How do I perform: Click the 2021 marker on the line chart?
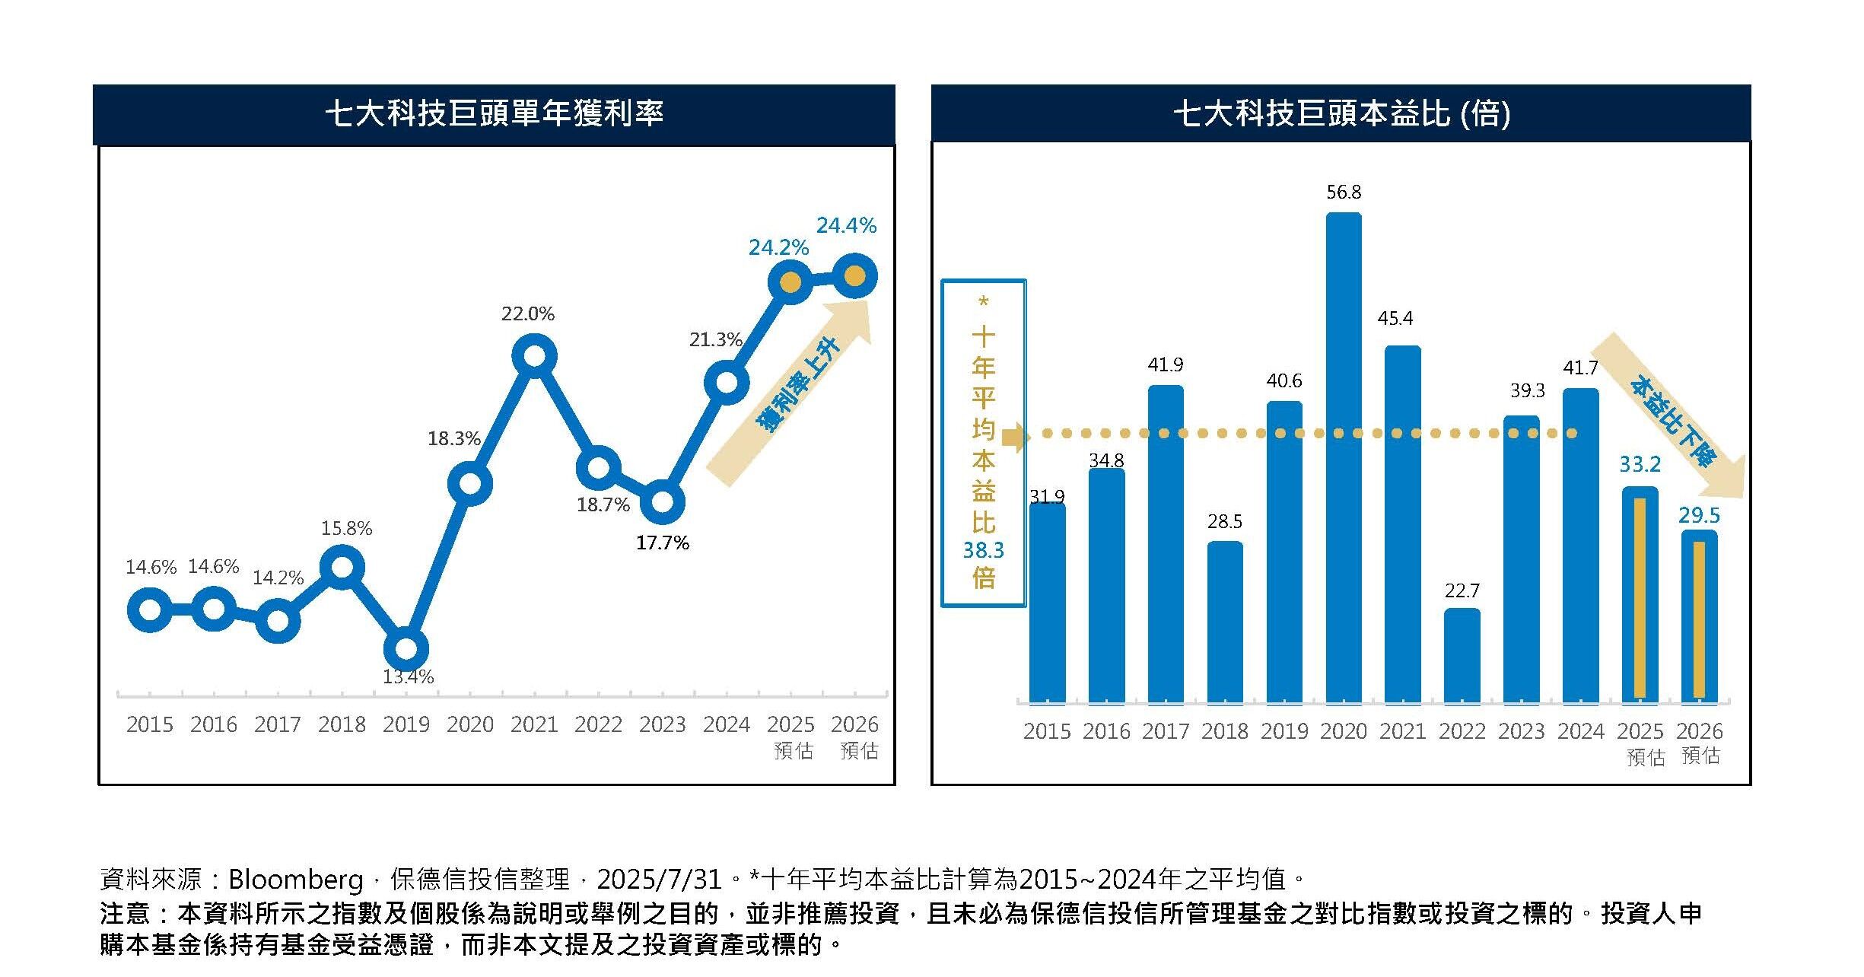pyautogui.click(x=534, y=356)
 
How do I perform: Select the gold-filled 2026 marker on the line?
pyautogui.click(x=854, y=276)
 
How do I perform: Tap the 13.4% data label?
pyautogui.click(x=408, y=676)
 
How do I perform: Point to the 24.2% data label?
pyautogui.click(x=778, y=247)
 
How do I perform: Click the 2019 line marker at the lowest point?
pyautogui.click(x=406, y=649)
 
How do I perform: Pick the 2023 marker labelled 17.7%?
pyautogui.click(x=662, y=502)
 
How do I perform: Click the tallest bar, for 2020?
pyautogui.click(x=1344, y=457)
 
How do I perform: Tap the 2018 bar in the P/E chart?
pyautogui.click(x=1225, y=622)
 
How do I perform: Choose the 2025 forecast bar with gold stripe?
pyautogui.click(x=1640, y=594)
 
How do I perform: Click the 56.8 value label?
pyautogui.click(x=1344, y=193)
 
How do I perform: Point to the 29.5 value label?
pyautogui.click(x=1699, y=515)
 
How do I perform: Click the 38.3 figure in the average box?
pyautogui.click(x=983, y=550)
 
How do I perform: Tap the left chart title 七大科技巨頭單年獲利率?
pyautogui.click(x=495, y=113)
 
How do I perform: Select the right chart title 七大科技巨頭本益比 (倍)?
pyautogui.click(x=1341, y=113)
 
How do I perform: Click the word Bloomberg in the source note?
pyautogui.click(x=295, y=880)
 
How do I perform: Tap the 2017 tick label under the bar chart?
pyautogui.click(x=1165, y=731)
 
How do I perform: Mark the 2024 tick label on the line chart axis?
pyautogui.click(x=726, y=724)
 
